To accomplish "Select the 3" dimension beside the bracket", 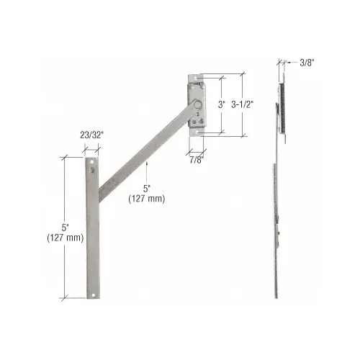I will [x=221, y=104].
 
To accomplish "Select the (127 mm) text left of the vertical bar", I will [x=65, y=238].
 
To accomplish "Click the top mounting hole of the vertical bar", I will [x=92, y=163].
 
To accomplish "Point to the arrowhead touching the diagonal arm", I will [x=147, y=164].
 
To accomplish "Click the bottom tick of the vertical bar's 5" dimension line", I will [x=66, y=299].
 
